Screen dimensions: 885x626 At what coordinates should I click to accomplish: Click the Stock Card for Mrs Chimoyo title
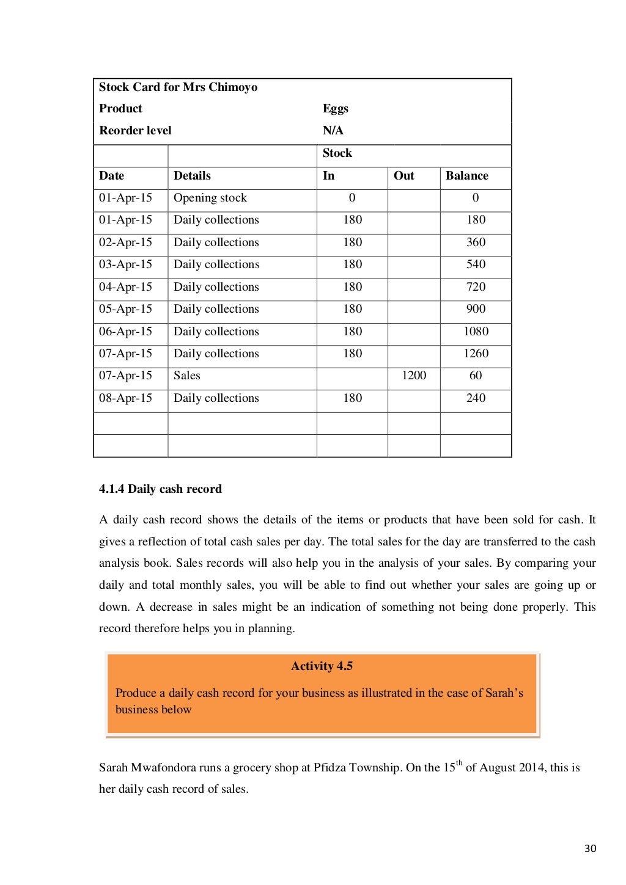click(178, 87)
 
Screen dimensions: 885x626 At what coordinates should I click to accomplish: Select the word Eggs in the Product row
click(335, 109)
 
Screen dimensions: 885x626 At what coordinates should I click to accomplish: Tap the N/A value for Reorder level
click(333, 131)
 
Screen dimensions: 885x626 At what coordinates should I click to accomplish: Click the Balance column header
click(466, 176)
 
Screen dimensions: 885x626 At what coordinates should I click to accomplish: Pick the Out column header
click(403, 176)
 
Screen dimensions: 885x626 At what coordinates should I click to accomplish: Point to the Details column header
click(192, 176)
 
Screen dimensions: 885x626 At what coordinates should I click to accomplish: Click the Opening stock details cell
click(210, 198)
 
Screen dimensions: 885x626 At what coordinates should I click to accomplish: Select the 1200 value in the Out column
click(414, 376)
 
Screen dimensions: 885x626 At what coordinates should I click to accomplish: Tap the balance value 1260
click(476, 354)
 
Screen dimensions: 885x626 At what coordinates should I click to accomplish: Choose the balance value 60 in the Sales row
click(476, 376)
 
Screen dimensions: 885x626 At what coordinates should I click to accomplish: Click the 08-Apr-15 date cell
click(125, 398)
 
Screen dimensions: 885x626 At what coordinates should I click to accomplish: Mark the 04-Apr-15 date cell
click(125, 287)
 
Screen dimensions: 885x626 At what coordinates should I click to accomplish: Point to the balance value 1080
click(476, 332)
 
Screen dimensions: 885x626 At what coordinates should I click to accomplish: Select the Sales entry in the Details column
click(186, 376)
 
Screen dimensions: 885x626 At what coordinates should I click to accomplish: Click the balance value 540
click(476, 264)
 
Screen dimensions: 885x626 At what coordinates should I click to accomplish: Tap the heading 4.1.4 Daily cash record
click(160, 489)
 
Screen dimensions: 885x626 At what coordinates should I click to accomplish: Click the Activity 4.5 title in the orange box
click(322, 666)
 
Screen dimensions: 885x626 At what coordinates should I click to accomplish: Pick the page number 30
click(590, 848)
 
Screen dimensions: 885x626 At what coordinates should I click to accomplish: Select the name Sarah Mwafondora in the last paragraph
click(147, 768)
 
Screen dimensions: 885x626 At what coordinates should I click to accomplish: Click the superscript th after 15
click(459, 763)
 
